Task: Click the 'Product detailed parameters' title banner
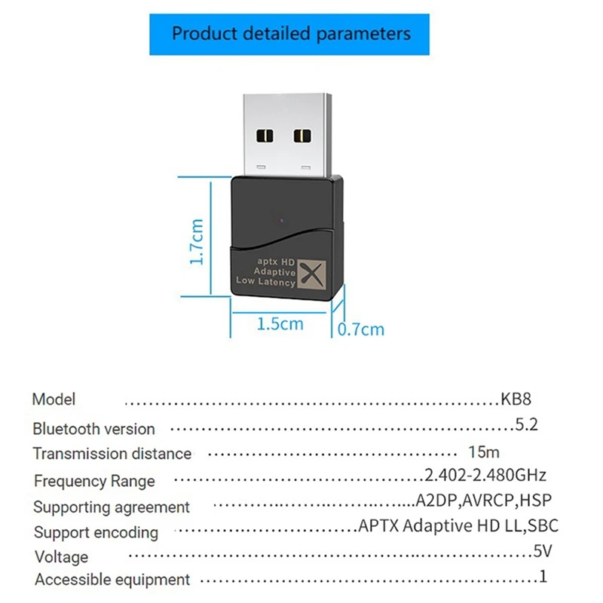pos(292,34)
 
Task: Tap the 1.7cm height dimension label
pos(197,241)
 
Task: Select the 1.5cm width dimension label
pos(280,324)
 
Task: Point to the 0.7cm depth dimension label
pos(361,329)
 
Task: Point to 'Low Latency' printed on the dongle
pos(266,282)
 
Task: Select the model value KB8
pos(516,399)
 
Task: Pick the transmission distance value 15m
pos(484,453)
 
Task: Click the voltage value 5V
pos(543,552)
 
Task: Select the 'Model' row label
pos(54,399)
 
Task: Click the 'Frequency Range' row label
pos(94,481)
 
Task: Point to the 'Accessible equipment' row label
pos(112,580)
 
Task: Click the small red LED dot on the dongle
pos(281,222)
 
